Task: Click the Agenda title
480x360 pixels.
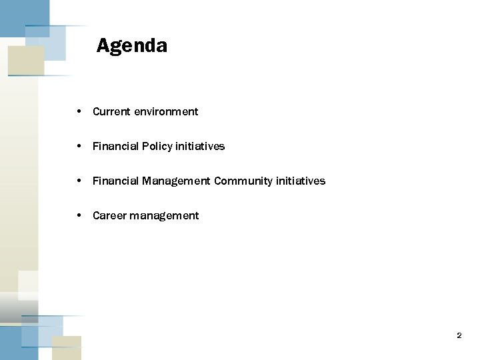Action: point(131,45)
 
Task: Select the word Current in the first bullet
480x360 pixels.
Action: point(111,111)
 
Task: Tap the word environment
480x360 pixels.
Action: point(166,111)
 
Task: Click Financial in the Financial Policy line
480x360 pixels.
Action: point(115,146)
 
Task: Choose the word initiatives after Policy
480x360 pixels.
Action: point(200,146)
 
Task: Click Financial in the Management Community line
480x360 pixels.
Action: point(115,181)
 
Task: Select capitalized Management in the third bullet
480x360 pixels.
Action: point(176,181)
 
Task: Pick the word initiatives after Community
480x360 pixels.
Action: point(301,181)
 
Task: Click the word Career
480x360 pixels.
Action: point(109,215)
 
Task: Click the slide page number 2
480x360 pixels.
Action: point(459,335)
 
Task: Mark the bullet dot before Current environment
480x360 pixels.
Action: point(79,111)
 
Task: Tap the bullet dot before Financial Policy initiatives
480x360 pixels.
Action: point(79,146)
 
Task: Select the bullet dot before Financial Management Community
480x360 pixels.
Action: point(79,181)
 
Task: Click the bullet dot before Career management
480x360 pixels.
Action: point(79,215)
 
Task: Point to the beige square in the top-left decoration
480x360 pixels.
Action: point(25,60)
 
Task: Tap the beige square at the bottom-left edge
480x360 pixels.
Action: point(66,346)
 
